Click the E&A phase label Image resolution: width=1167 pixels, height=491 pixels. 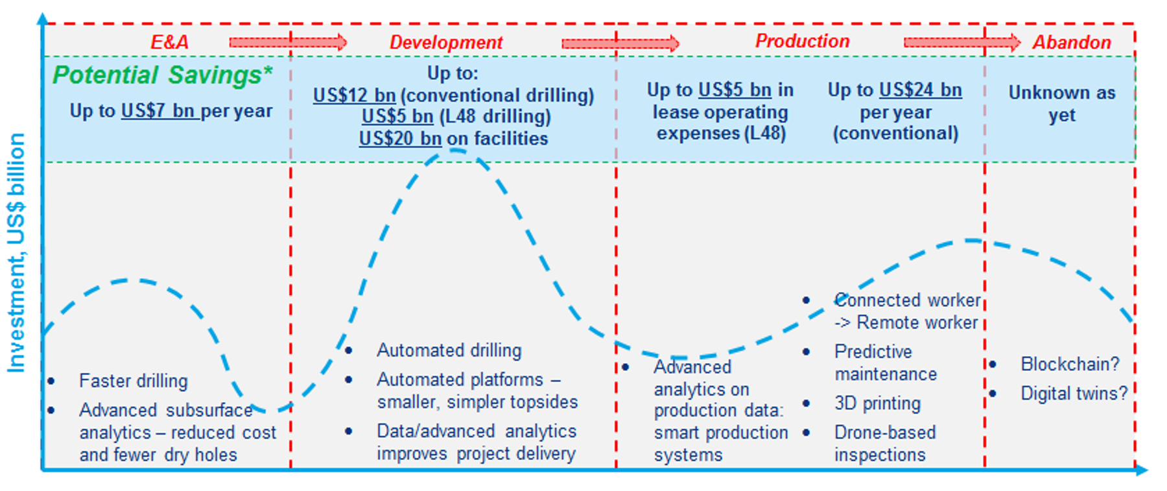pyautogui.click(x=169, y=42)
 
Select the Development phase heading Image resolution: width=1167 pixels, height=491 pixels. pyautogui.click(x=446, y=42)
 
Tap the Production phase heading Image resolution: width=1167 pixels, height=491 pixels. pyautogui.click(x=802, y=41)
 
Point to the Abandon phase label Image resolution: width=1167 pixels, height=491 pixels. pyautogui.click(x=1072, y=42)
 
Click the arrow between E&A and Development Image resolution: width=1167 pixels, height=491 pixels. pyautogui.click(x=288, y=43)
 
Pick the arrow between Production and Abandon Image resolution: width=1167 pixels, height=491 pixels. pyautogui.click(x=962, y=43)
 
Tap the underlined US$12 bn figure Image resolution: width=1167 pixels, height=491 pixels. pyautogui.click(x=354, y=95)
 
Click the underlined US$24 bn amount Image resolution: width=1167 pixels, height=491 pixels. pyautogui.click(x=921, y=90)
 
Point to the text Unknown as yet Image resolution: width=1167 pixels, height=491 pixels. pyautogui.click(x=1062, y=104)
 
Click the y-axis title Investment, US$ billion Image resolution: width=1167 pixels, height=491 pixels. pyautogui.click(x=16, y=253)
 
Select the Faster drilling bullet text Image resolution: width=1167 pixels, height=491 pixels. pyautogui.click(x=134, y=381)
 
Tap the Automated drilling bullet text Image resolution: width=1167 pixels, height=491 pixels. pyautogui.click(x=449, y=350)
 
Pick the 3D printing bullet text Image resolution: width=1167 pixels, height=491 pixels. pyautogui.click(x=877, y=403)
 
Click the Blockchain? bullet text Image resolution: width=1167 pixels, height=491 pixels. pyautogui.click(x=1070, y=364)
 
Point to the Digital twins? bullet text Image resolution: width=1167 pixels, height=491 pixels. pyautogui.click(x=1074, y=393)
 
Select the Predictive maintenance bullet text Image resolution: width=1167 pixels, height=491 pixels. pyautogui.click(x=886, y=363)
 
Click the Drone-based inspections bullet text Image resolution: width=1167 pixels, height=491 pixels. pyautogui.click(x=885, y=444)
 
